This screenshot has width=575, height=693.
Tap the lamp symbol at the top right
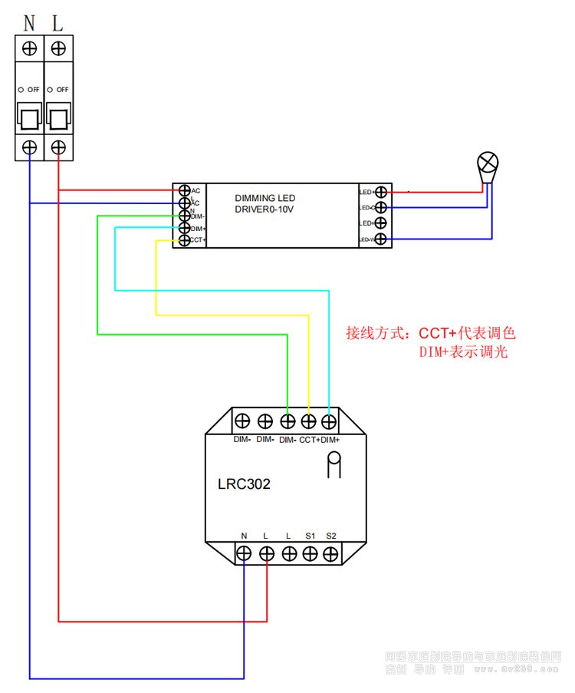(488, 163)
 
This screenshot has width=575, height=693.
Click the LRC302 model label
(245, 484)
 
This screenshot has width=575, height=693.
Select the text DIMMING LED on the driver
(264, 198)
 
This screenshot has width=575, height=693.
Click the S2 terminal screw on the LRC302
(331, 553)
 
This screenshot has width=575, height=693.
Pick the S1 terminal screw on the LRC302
(310, 553)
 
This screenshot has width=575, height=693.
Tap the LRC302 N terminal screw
(245, 553)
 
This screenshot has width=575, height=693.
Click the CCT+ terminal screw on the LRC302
(309, 421)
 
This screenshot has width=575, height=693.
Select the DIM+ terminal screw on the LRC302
(329, 421)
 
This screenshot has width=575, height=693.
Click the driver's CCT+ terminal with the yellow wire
(184, 241)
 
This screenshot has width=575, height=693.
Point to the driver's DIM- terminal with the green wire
(184, 216)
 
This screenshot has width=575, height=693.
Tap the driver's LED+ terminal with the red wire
(379, 191)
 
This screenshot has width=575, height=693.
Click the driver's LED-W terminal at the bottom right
(379, 240)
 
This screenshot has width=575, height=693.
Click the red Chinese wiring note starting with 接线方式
(431, 334)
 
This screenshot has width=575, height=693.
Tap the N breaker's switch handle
(30, 118)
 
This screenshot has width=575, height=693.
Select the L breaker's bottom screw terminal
(58, 147)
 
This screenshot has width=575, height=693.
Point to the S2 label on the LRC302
(331, 534)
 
